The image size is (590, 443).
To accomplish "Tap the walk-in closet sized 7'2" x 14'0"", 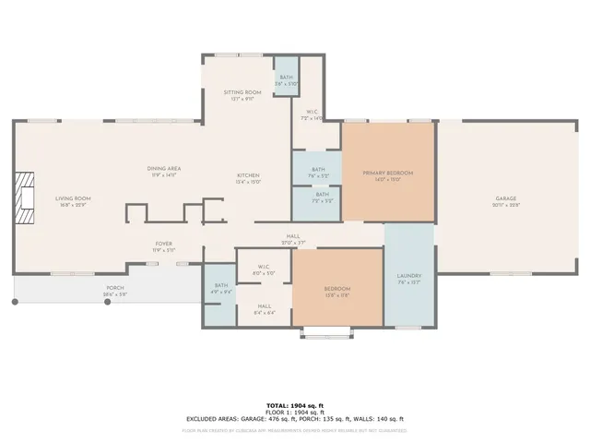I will (x=312, y=115).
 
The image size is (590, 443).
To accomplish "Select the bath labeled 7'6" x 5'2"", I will (x=318, y=172).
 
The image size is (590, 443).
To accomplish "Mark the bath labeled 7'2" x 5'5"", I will (x=322, y=197).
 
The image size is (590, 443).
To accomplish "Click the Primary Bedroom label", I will (x=387, y=175).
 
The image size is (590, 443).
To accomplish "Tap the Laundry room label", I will (x=408, y=280).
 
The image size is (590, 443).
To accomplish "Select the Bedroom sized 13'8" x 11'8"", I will (x=336, y=292).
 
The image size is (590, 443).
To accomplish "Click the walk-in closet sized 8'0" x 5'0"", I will (x=264, y=269).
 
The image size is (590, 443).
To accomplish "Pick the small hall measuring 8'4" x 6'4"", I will (x=264, y=309).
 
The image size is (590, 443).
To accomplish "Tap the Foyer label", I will (x=163, y=246).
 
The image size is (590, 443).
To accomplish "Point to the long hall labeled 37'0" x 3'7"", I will (x=293, y=239).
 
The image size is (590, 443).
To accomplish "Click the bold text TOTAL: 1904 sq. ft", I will (x=295, y=405).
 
